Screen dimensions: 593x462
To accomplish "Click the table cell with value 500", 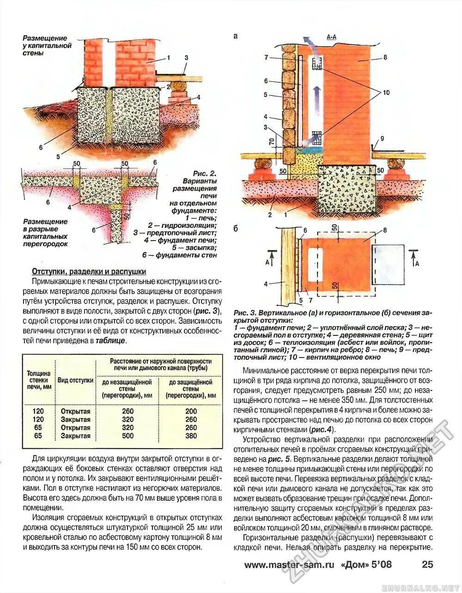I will (128, 436).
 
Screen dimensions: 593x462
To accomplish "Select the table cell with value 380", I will (191, 436).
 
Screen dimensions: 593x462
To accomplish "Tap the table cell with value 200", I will (191, 411).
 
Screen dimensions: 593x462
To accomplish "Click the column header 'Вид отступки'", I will (76, 380).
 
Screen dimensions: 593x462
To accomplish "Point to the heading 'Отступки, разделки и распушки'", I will (89, 272).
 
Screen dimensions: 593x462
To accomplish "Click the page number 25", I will (427, 564).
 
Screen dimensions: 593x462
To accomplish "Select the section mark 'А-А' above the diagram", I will (331, 36).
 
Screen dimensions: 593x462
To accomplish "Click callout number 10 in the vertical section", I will (386, 93).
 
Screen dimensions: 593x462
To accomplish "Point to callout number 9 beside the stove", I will (382, 138).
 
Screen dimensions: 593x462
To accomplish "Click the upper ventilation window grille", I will (317, 65).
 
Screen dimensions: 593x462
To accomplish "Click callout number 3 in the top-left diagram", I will (186, 58).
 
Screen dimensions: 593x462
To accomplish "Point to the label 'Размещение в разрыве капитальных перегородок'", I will (45, 232).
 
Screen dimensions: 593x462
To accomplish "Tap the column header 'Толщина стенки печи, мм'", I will (39, 380).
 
